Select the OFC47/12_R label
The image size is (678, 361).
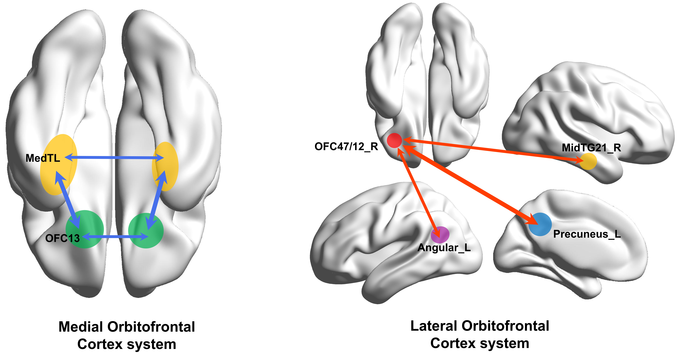(x=346, y=146)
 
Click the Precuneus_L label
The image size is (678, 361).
(x=587, y=234)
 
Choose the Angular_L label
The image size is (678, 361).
(x=444, y=248)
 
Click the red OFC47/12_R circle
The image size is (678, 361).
(x=394, y=140)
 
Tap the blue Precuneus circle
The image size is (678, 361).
(x=540, y=224)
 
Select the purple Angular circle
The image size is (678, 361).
(x=440, y=235)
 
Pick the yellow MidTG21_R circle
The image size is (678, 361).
(x=588, y=161)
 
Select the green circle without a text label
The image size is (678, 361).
(x=146, y=231)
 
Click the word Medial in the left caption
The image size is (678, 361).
(x=82, y=327)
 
